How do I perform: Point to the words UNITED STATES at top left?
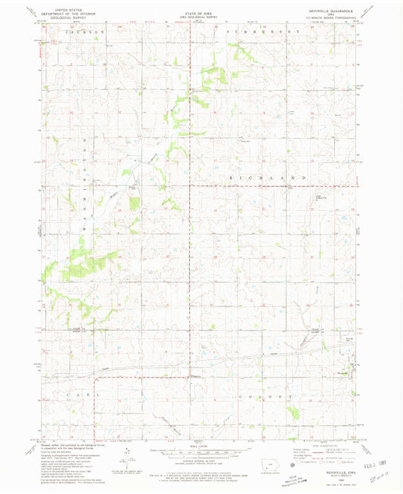66,9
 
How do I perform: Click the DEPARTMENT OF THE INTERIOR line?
66,13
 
